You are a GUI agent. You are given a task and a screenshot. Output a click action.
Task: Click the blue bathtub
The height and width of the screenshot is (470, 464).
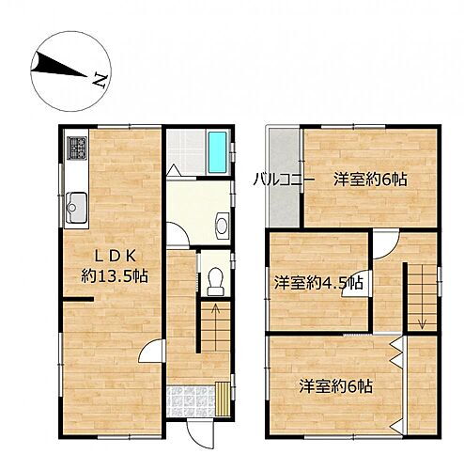point(217,152)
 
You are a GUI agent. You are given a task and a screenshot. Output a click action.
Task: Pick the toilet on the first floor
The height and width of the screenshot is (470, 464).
point(216,280)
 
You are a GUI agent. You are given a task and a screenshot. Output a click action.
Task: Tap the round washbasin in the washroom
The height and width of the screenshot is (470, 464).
point(222,226)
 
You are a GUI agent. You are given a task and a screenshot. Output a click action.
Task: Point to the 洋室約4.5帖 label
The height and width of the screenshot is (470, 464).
point(319,283)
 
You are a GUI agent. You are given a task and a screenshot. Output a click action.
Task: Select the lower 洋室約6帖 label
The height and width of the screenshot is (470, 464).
point(336,386)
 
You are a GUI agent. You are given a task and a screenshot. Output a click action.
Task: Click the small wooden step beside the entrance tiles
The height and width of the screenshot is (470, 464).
point(222,398)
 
